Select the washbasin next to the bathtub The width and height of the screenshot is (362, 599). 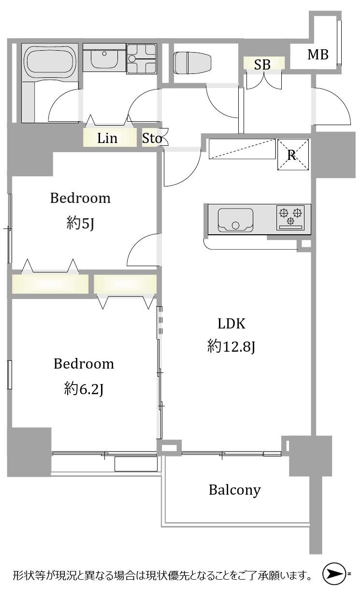click(104, 58)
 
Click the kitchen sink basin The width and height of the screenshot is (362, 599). click(235, 220)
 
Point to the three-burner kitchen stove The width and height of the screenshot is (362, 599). click(290, 218)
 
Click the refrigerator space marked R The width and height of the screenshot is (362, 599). click(293, 155)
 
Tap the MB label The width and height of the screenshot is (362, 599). click(318, 55)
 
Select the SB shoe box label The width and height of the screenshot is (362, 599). click(262, 64)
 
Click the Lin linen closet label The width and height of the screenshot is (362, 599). click(107, 138)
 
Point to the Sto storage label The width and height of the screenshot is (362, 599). click(152, 138)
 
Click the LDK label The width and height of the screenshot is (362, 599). click(232, 324)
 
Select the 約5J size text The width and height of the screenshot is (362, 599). click(80, 223)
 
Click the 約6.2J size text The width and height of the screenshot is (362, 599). click(84, 388)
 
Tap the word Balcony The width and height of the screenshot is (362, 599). click(234, 490)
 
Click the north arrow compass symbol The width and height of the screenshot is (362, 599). click(333, 573)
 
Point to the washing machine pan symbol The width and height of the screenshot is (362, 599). click(142, 58)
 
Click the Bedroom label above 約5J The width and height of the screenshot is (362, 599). click(80, 198)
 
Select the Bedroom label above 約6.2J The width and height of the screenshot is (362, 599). click(84, 364)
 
